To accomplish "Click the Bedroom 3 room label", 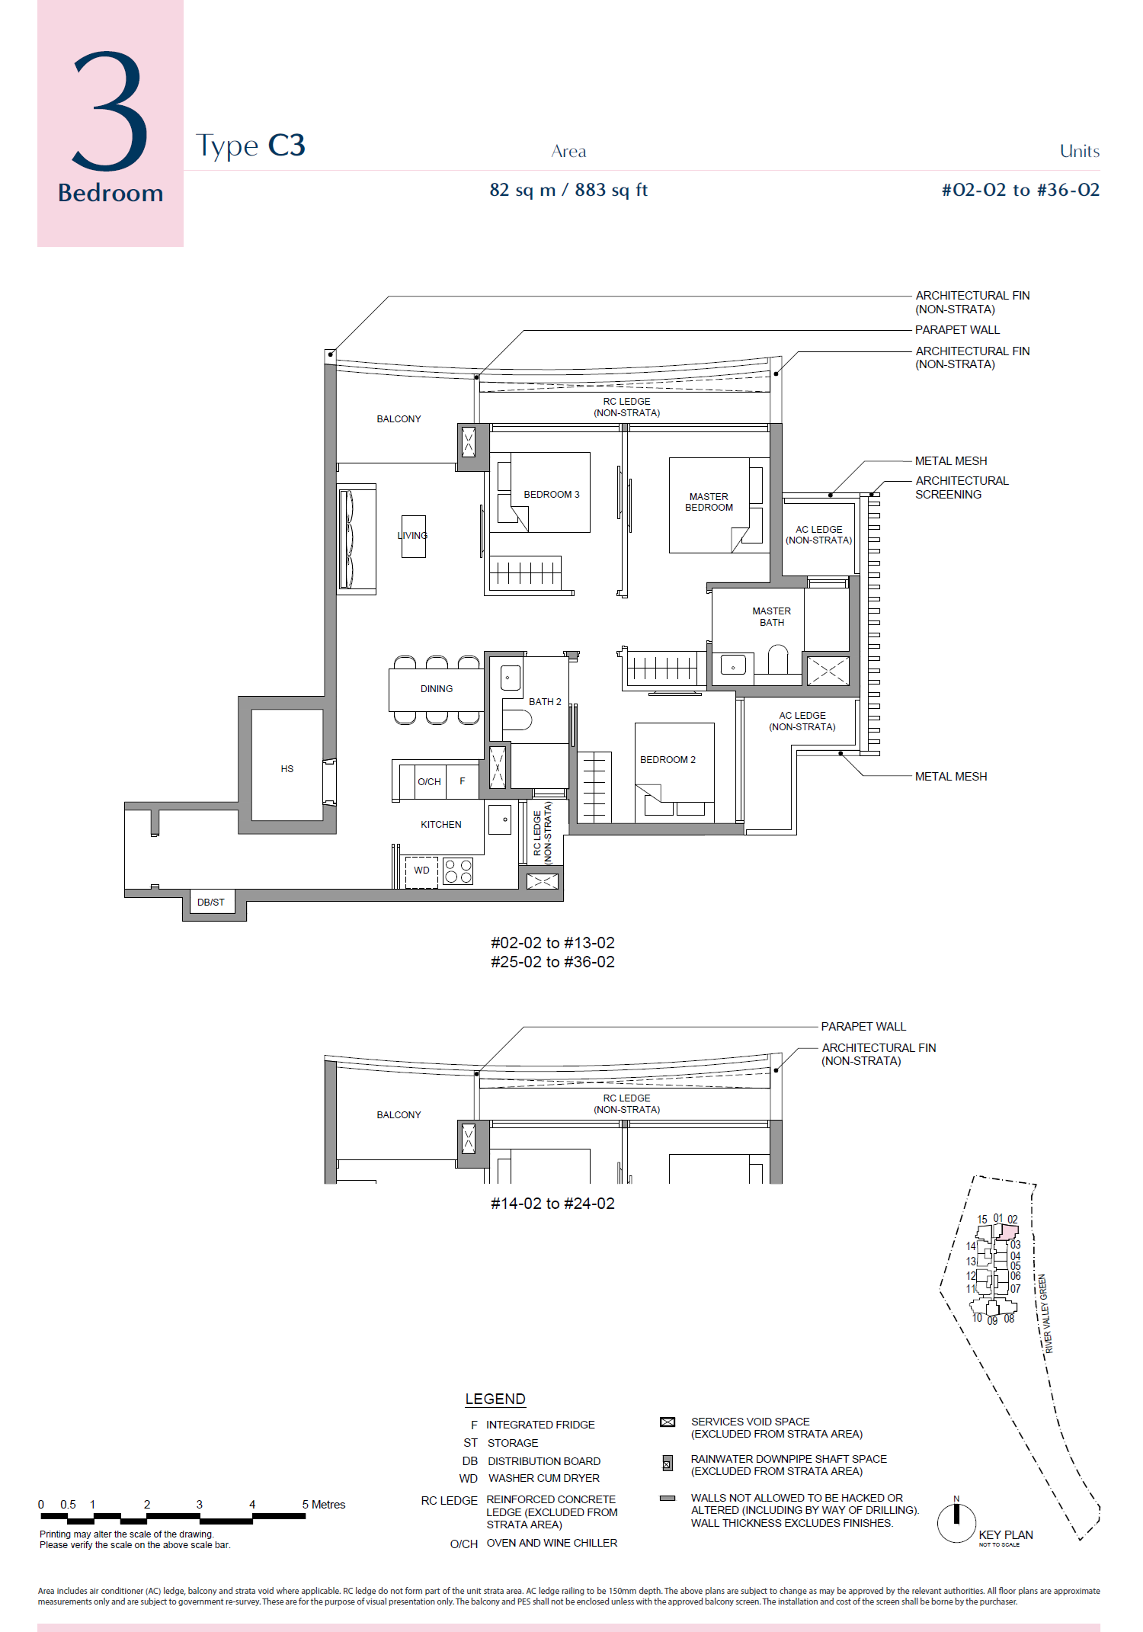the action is tap(552, 495).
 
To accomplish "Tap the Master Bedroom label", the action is tap(709, 502).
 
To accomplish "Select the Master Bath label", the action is tap(772, 617).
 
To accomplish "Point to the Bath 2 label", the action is tap(545, 702).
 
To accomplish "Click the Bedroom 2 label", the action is tap(668, 760).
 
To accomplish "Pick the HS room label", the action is tap(287, 769).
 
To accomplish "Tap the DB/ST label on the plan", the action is tap(211, 903).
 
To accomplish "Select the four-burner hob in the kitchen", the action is tap(458, 871).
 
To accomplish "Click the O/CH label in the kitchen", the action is tap(429, 782).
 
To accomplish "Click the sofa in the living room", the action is tap(357, 539).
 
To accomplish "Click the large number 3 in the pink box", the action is tap(110, 111).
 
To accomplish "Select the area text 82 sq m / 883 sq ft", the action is tap(568, 190).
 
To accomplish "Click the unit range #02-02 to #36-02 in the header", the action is tap(1020, 190).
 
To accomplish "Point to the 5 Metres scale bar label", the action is tap(324, 1505).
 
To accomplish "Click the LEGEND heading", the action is tap(495, 1399).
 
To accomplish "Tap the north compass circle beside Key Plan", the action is tap(956, 1523).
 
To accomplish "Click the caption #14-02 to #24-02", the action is tap(552, 1204).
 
